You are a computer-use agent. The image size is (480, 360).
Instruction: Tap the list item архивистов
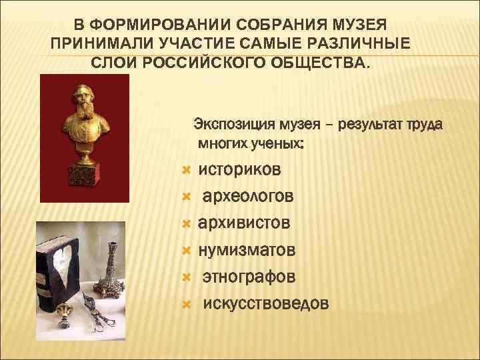coord(245,223)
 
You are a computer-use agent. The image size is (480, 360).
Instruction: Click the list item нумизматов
coord(247,250)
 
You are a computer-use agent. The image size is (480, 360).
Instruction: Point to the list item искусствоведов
coord(265,303)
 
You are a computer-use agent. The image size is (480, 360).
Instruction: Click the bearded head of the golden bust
coord(85,100)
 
